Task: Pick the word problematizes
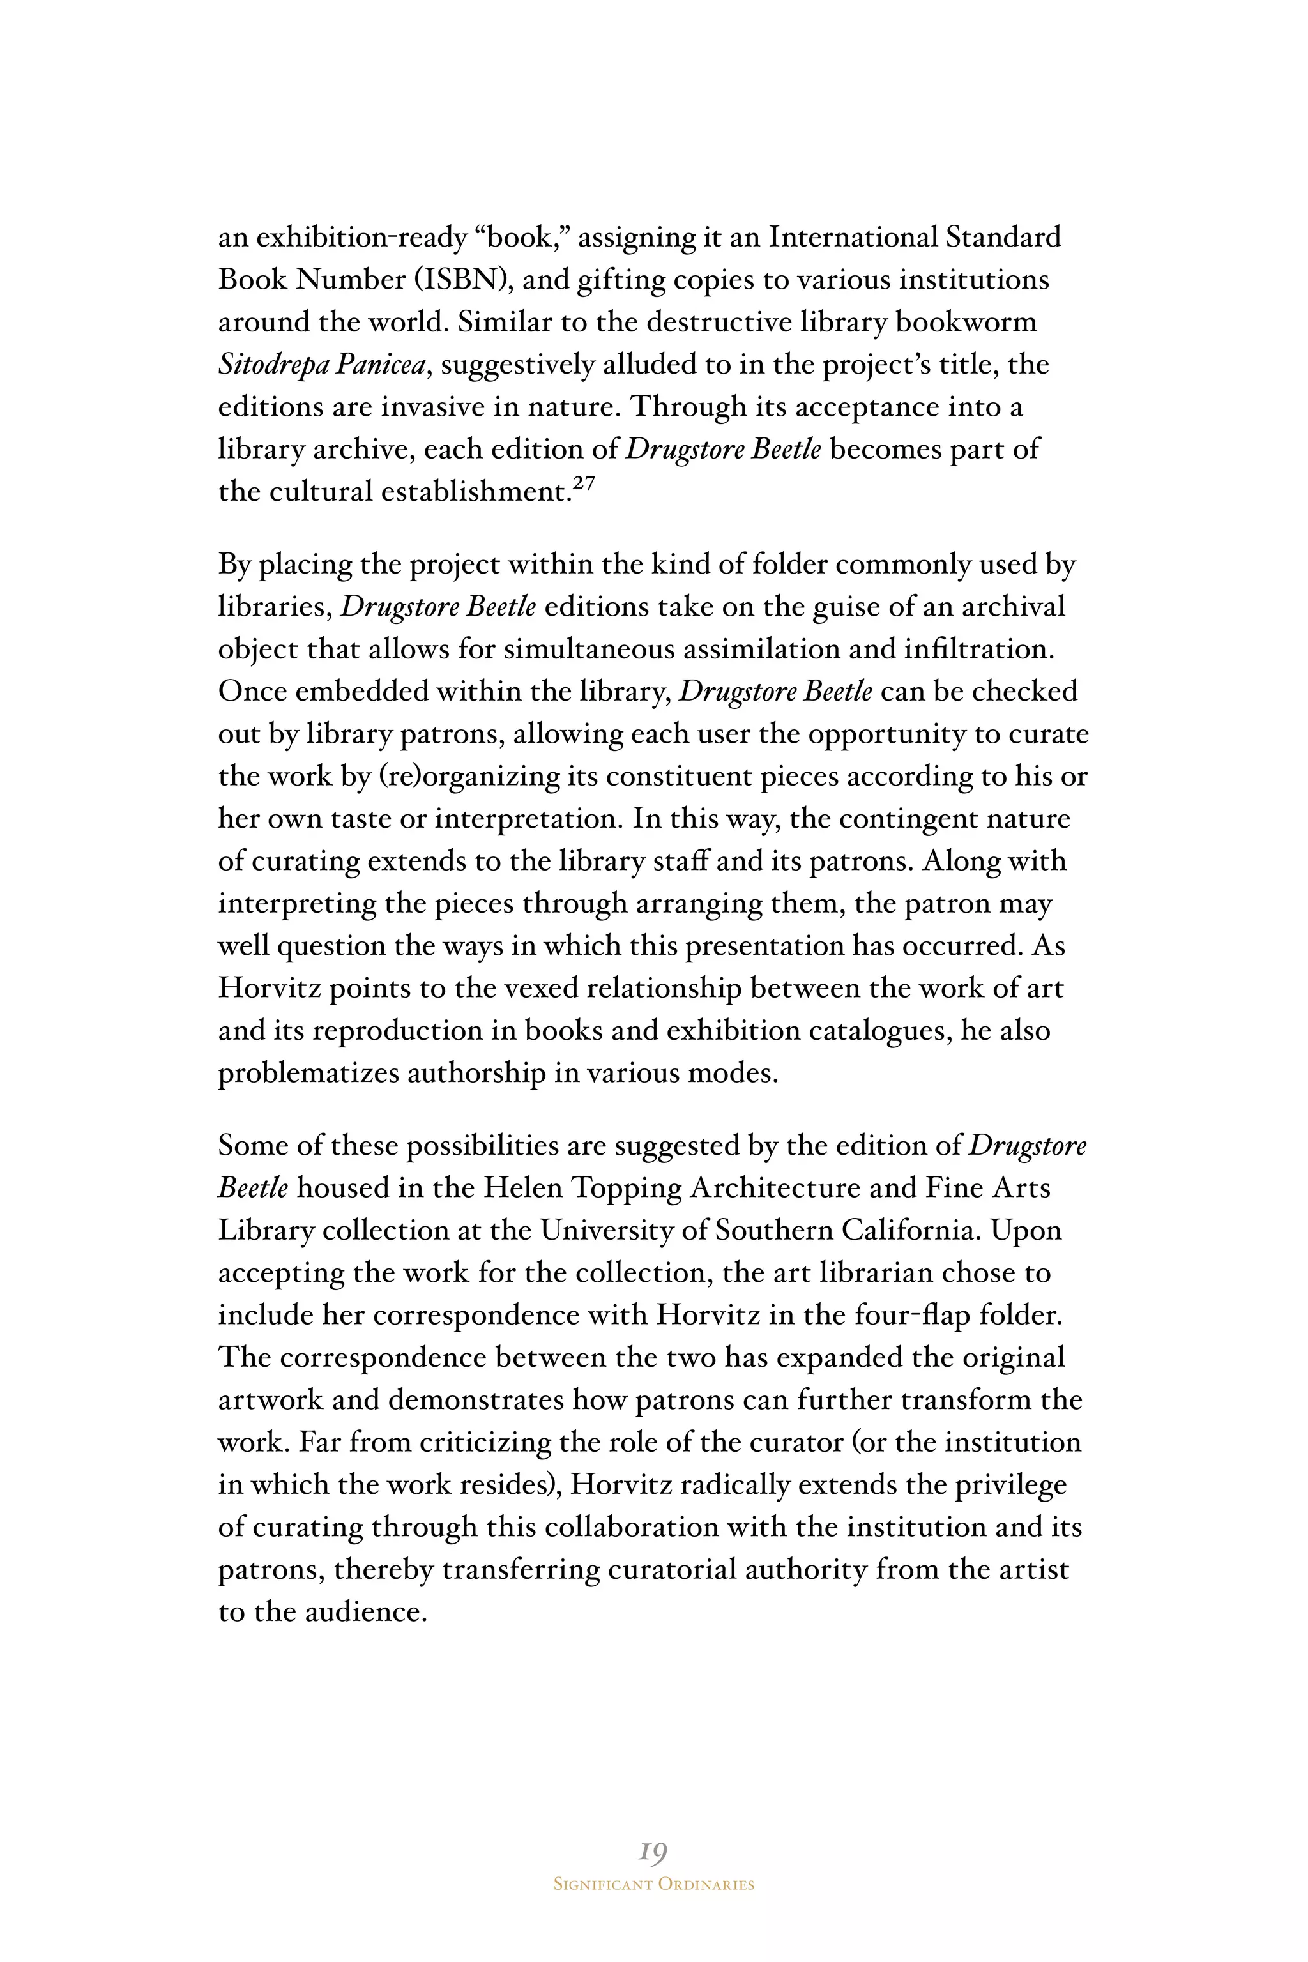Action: click(x=308, y=1073)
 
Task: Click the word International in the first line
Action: click(x=853, y=238)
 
